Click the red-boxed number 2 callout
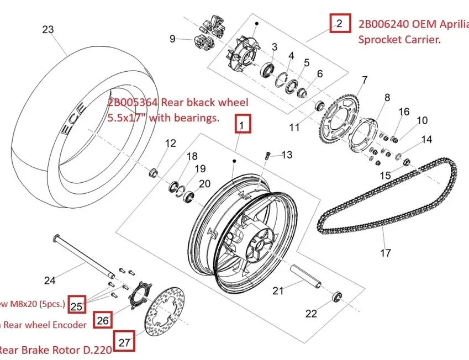(339, 23)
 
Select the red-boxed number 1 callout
(243, 124)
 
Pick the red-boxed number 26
(103, 320)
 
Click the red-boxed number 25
(77, 305)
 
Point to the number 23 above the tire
(48, 29)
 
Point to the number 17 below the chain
(386, 253)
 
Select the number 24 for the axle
(50, 280)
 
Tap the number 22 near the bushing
(312, 314)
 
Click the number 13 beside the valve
(287, 155)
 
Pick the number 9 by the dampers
(172, 39)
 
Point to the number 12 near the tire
(171, 144)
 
